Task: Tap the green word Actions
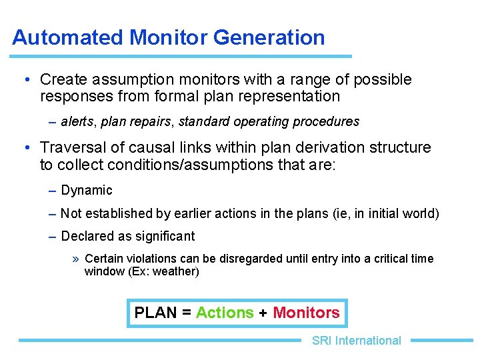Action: [x=225, y=313]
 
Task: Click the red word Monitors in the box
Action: [x=306, y=313]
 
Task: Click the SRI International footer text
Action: [x=356, y=341]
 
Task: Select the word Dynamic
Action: [x=87, y=191]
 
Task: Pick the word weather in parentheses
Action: [x=176, y=271]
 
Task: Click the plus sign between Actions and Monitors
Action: [x=263, y=313]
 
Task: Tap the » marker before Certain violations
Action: [x=77, y=259]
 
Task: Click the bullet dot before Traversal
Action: [x=25, y=147]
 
